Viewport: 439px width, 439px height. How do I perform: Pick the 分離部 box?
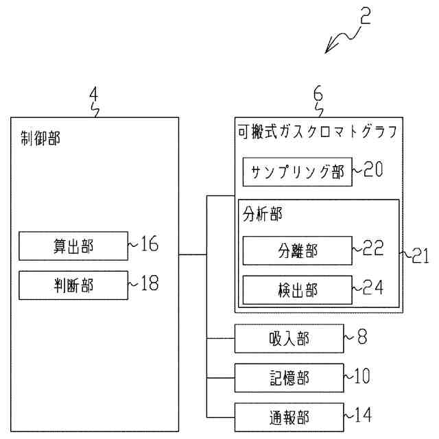pos(297,250)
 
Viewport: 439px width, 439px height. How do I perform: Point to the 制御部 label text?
pos(40,139)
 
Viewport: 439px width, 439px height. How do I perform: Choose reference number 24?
pos(374,287)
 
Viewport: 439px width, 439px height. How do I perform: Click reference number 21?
pos(419,257)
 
